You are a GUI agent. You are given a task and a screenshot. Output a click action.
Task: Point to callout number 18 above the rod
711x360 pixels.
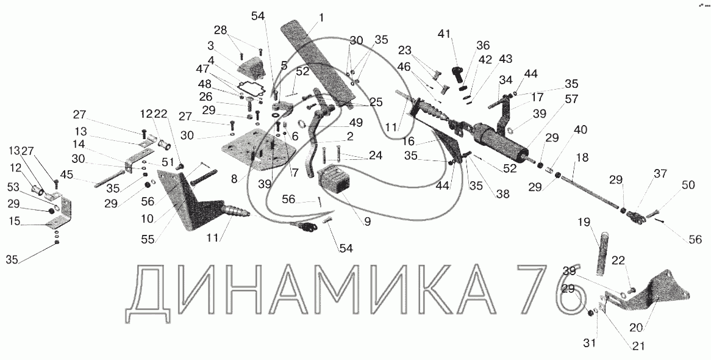tap(582, 157)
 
